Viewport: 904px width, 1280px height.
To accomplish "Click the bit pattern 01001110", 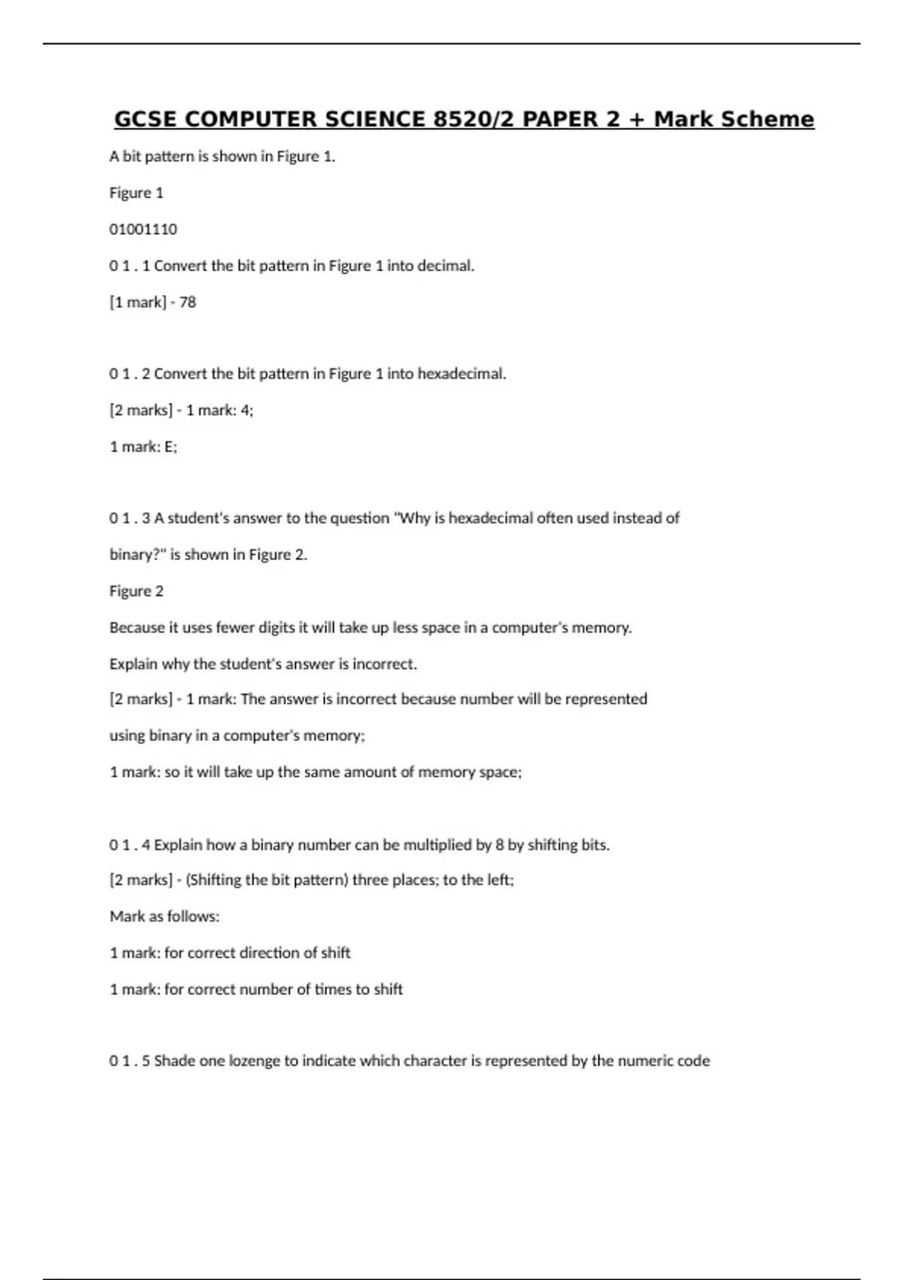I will click(x=143, y=229).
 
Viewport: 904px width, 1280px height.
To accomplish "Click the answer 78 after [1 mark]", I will click(x=188, y=302).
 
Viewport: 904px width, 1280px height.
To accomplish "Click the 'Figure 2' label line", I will click(x=136, y=591).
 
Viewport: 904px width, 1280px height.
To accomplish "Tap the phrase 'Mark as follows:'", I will click(x=165, y=916).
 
